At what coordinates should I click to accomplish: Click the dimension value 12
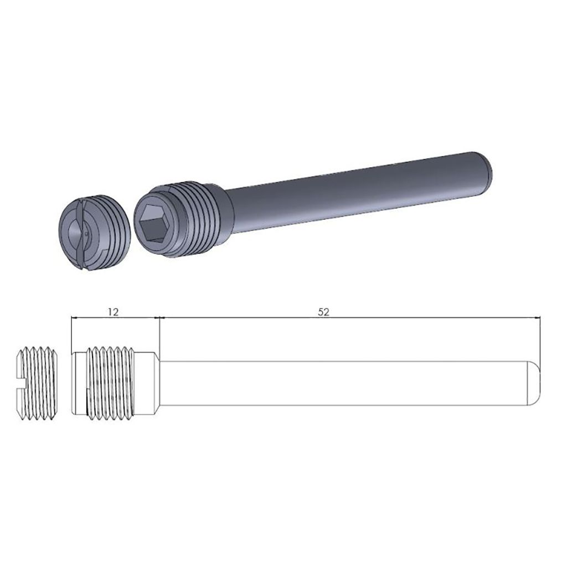[113, 312]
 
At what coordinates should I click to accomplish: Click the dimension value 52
[324, 312]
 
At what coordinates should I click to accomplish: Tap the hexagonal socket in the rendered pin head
[156, 221]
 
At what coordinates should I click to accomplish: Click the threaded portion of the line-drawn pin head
[111, 382]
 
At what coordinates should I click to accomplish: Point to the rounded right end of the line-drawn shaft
[534, 382]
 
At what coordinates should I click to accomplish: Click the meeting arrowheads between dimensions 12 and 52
[159, 318]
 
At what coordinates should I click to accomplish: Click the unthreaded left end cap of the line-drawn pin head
[79, 382]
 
